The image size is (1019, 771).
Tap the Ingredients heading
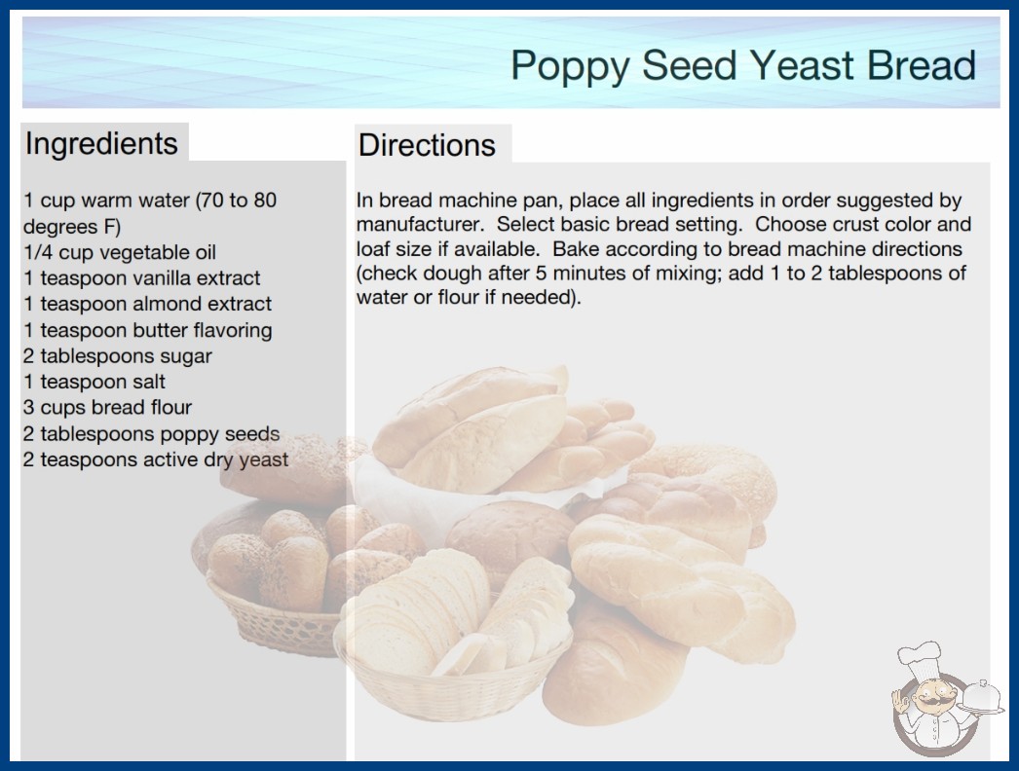click(x=101, y=144)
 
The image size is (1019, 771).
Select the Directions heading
click(x=427, y=145)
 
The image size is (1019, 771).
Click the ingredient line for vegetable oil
click(x=120, y=252)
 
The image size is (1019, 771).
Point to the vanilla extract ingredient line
click(x=141, y=278)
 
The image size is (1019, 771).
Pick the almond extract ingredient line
click(x=147, y=304)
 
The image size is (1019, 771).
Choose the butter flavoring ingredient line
click(x=147, y=331)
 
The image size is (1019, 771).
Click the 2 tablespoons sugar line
click(x=118, y=356)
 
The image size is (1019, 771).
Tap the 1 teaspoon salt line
click(x=94, y=382)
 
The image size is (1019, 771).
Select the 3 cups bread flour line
click(x=107, y=407)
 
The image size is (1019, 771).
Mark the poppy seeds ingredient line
click(x=151, y=434)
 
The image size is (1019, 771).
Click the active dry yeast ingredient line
click(x=155, y=459)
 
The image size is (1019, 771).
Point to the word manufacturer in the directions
click(x=420, y=225)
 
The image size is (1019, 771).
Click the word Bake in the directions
click(x=574, y=249)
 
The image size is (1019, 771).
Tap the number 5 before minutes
click(x=541, y=274)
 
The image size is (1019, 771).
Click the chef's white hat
click(x=919, y=657)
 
